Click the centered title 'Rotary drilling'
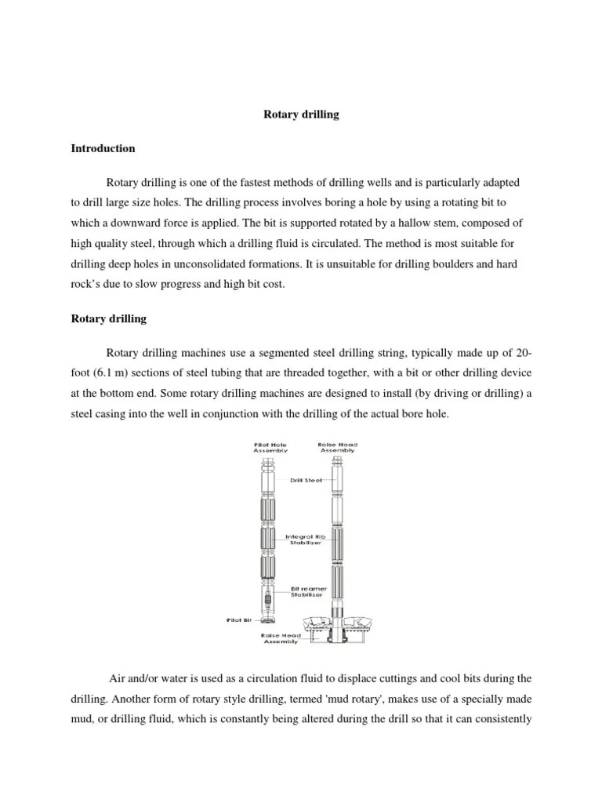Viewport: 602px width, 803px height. [x=300, y=114]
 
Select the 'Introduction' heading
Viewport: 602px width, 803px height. [x=103, y=148]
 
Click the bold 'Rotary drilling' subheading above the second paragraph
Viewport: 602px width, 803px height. [x=109, y=320]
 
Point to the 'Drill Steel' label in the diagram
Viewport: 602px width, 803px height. [x=306, y=480]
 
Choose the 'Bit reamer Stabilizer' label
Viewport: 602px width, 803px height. [x=306, y=590]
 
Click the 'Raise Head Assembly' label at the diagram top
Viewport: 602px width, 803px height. [x=338, y=448]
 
